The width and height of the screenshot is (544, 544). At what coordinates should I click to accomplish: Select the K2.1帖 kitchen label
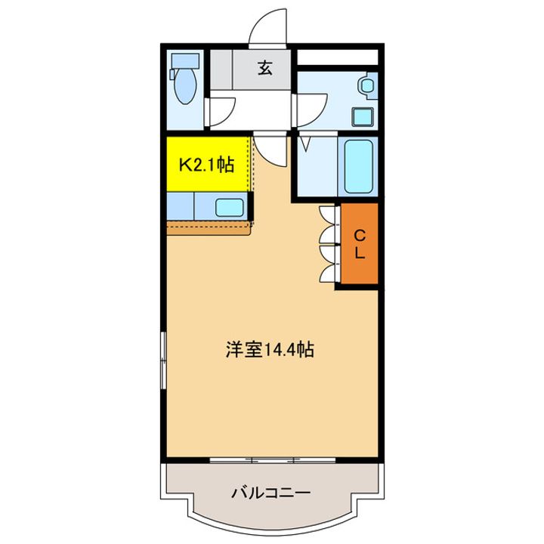tap(205, 165)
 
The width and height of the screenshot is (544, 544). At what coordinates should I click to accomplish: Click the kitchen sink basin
tap(229, 206)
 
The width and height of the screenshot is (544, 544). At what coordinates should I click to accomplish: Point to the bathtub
tap(358, 165)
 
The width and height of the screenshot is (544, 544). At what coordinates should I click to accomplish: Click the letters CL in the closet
tap(360, 245)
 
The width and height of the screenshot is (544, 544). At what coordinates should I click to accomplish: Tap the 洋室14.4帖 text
tap(269, 350)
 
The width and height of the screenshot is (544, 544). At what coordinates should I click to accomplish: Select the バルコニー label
tap(270, 493)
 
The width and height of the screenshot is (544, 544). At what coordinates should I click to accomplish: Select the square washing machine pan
tap(363, 116)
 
